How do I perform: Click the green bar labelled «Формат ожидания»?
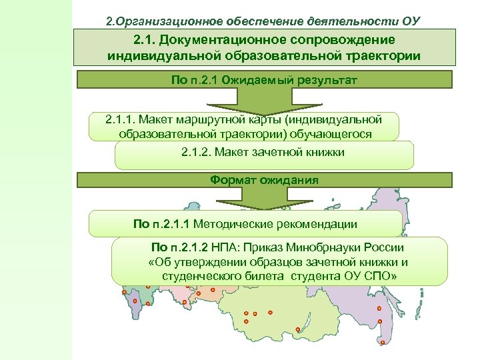[x=264, y=180]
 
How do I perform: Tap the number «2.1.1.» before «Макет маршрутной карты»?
[x=121, y=120]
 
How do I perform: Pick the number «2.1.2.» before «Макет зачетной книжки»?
[x=197, y=152]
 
